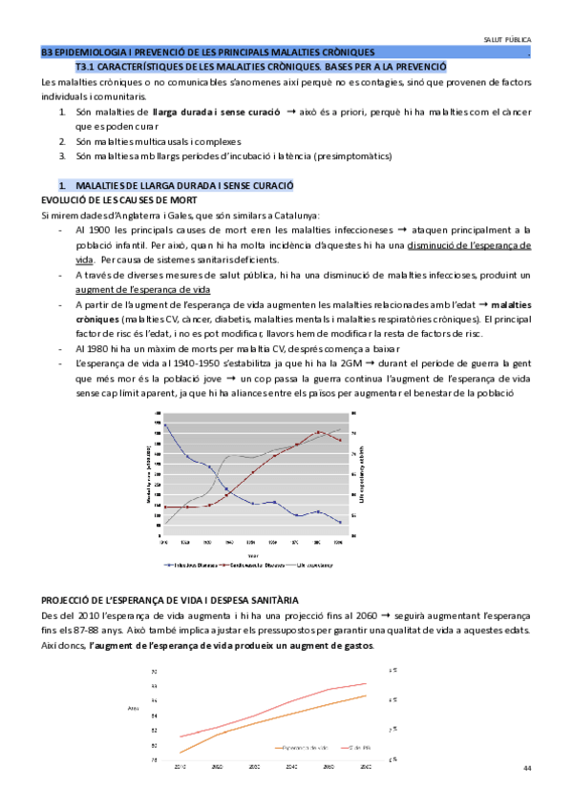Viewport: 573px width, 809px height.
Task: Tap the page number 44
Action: pos(528,769)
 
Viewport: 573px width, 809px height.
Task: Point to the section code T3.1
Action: pos(85,68)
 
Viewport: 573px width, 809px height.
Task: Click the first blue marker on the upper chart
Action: pos(165,425)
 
